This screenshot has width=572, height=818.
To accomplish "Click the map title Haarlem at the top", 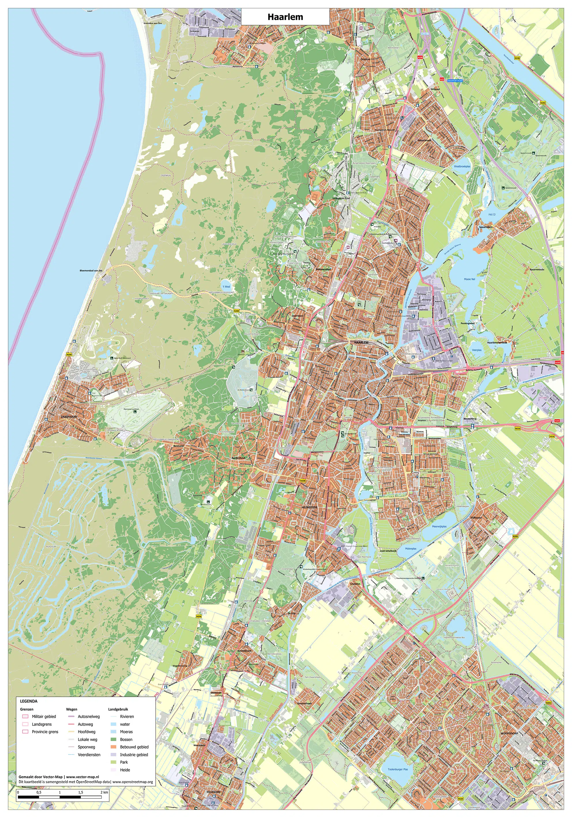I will [285, 17].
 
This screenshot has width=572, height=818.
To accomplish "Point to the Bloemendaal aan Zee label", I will [91, 271].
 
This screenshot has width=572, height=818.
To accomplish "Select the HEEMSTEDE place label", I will [309, 507].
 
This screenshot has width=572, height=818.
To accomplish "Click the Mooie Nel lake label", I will [469, 279].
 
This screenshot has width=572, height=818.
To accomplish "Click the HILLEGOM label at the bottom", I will [213, 792].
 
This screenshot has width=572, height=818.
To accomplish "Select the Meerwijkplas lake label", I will [439, 527].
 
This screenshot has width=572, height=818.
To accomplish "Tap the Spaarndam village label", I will [486, 227].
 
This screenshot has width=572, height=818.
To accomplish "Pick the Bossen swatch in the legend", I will [114, 739].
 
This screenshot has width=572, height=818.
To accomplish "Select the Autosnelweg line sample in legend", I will [71, 716].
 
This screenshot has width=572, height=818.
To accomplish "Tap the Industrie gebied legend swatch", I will [114, 755].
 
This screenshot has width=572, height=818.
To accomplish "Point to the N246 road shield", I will [517, 58].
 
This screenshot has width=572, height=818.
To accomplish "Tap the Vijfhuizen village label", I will [476, 518].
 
